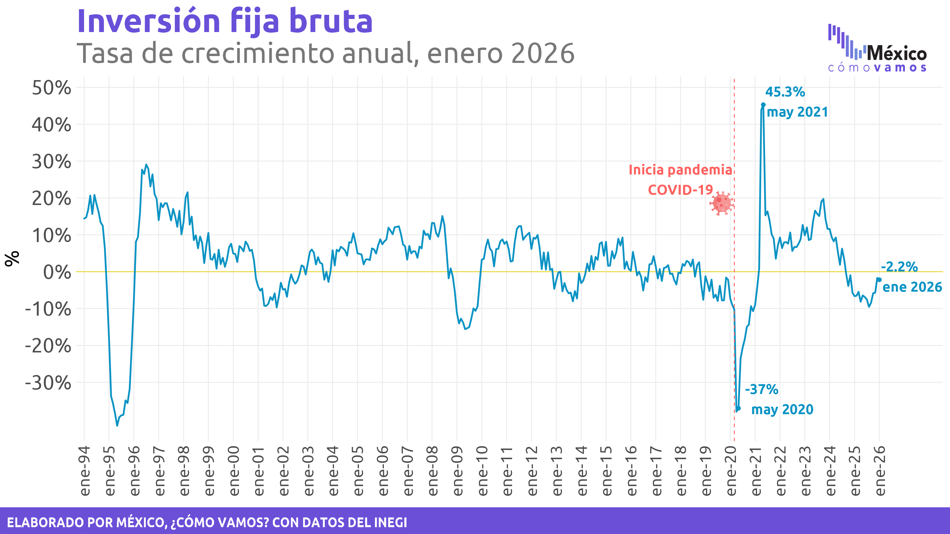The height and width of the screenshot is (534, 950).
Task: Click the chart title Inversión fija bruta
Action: click(225, 21)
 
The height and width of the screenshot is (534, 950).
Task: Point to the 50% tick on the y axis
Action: click(52, 88)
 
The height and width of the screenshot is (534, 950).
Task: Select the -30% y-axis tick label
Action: click(48, 383)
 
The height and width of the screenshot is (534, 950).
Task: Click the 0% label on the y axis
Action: click(57, 272)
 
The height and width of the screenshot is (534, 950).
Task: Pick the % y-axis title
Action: click(12, 258)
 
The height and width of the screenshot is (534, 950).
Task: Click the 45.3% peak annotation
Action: click(785, 92)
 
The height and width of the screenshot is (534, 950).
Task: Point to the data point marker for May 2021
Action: click(763, 105)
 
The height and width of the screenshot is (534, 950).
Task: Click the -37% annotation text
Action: click(761, 389)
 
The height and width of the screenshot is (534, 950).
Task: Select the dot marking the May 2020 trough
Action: click(738, 408)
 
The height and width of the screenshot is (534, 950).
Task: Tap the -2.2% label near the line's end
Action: click(899, 266)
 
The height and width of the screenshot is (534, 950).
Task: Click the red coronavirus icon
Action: click(721, 203)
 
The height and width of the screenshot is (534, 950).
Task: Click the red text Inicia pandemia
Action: click(680, 170)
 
